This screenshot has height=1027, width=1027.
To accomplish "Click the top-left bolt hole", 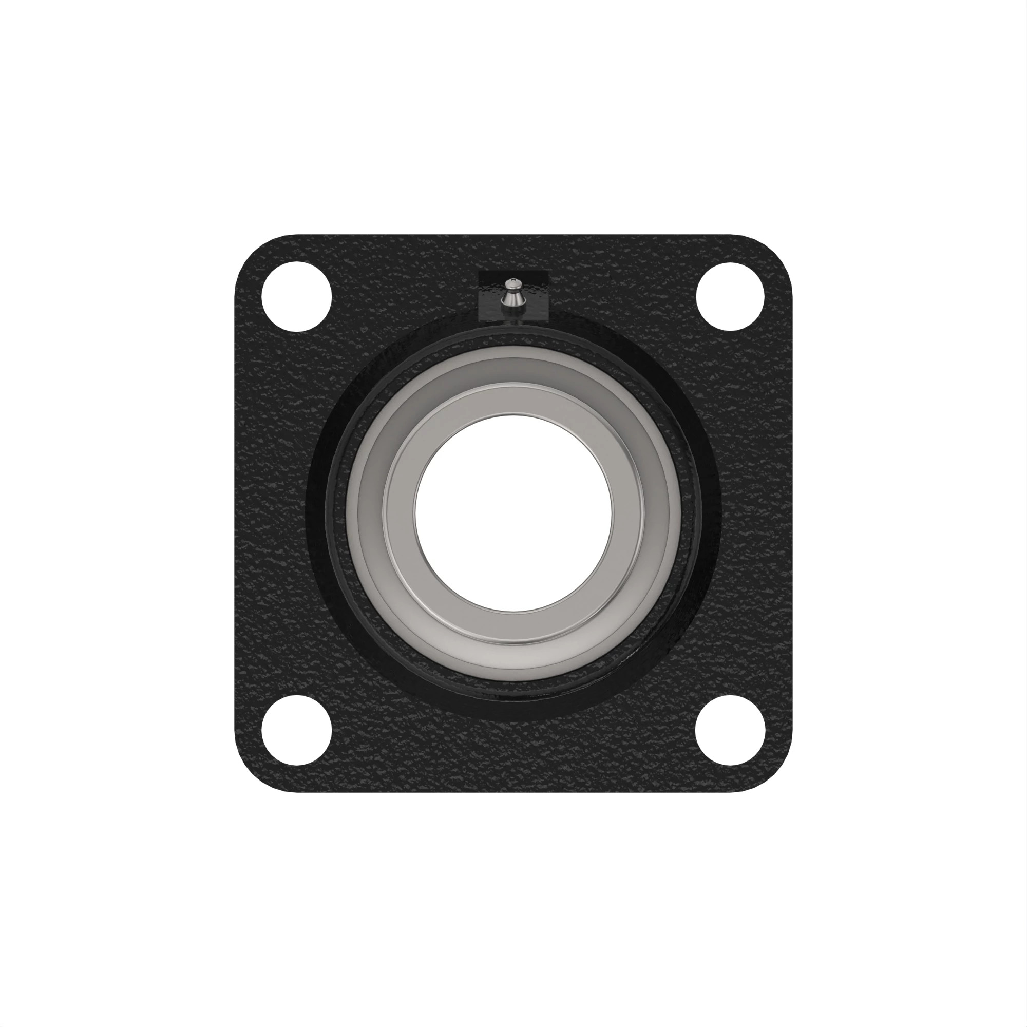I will pos(297,296).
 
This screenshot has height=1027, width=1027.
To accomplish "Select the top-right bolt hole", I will pos(730,296).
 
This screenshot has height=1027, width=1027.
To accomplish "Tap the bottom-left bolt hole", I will pos(297,730).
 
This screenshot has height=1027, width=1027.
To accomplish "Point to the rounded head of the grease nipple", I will pos(512,285).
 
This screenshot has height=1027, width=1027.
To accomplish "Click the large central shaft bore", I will pos(513,513).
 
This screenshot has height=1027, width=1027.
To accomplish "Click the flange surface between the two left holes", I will pos(276,513).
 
